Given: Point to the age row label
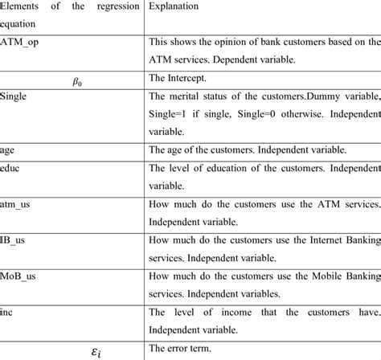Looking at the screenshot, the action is (x=8, y=150).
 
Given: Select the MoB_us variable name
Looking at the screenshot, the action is (x=20, y=275).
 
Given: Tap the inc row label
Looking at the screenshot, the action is (x=8, y=310).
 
